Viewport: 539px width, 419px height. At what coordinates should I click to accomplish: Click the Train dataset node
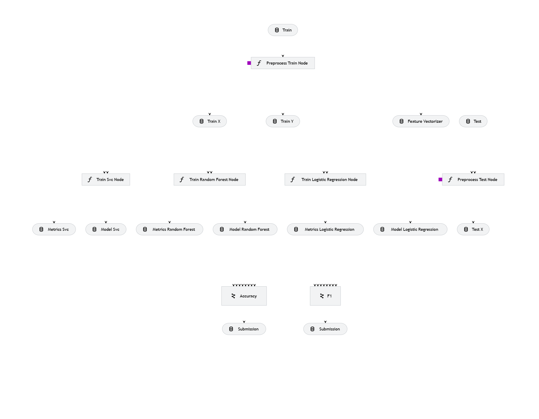click(x=283, y=30)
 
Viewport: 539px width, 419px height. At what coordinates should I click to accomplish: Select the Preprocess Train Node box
click(x=283, y=63)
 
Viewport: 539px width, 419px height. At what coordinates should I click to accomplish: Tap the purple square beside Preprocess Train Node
click(x=249, y=63)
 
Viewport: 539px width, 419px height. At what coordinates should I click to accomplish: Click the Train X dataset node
click(x=210, y=121)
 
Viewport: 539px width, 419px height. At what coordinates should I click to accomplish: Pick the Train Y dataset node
click(x=283, y=121)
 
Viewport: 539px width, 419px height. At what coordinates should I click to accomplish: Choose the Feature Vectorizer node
click(x=421, y=121)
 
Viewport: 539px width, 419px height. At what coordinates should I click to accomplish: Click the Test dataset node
click(x=473, y=121)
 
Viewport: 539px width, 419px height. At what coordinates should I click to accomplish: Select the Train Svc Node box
click(x=106, y=179)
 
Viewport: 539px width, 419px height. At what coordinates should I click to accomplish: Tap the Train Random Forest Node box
click(x=210, y=179)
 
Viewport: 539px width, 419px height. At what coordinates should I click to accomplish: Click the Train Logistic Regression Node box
click(x=325, y=179)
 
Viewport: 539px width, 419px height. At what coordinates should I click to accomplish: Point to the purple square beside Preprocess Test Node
click(x=440, y=179)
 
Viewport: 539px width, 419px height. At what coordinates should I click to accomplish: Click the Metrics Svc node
click(x=54, y=229)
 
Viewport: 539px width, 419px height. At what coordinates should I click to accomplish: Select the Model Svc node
click(x=106, y=229)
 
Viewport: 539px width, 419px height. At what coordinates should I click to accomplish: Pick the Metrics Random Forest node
click(x=169, y=229)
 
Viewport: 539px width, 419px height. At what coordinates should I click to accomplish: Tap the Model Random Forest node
click(x=245, y=229)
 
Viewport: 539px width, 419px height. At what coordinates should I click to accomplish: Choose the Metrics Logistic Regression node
click(x=325, y=229)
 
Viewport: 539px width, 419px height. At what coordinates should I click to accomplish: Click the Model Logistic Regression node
click(x=410, y=229)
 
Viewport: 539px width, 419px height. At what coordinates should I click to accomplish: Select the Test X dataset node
click(x=473, y=229)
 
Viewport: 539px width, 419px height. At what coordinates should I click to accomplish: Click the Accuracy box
click(x=244, y=296)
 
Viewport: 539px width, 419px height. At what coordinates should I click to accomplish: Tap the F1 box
click(x=325, y=296)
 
